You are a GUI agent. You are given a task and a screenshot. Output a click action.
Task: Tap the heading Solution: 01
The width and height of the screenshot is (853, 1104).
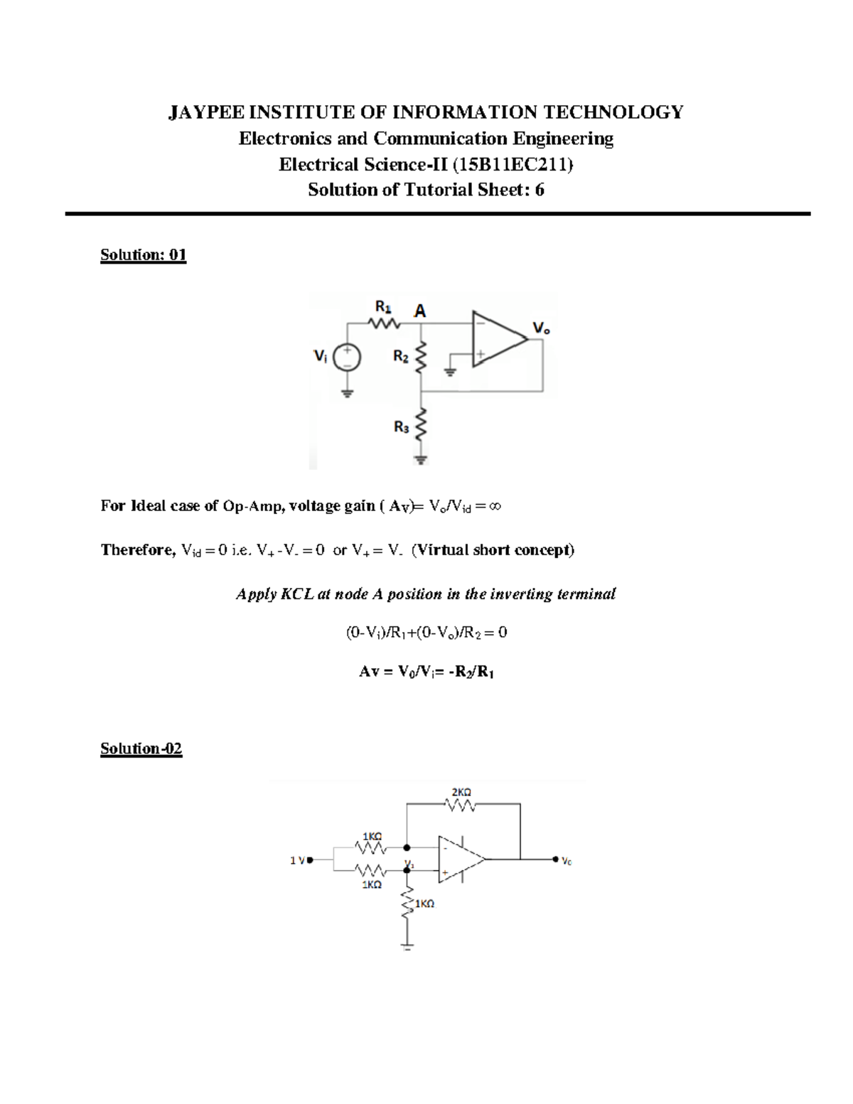tap(143, 254)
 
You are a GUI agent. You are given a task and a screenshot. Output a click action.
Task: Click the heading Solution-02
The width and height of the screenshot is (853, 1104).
tap(141, 749)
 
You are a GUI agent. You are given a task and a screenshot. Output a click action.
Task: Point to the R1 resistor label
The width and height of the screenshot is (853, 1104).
tap(383, 306)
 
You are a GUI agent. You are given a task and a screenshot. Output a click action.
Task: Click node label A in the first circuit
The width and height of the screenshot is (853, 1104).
tap(420, 311)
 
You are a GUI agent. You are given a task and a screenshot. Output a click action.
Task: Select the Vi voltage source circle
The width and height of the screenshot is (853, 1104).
tap(348, 358)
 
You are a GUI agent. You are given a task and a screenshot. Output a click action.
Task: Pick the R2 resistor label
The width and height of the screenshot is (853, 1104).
tap(401, 358)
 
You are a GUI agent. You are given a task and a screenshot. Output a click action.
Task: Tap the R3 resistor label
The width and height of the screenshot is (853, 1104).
tap(401, 427)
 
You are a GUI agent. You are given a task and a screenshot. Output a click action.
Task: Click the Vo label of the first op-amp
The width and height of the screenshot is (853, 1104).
tap(541, 328)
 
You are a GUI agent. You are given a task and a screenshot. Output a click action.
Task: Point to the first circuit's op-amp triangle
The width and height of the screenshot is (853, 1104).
tap(498, 339)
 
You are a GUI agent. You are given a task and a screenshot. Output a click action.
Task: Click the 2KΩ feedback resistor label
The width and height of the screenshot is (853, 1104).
tap(461, 792)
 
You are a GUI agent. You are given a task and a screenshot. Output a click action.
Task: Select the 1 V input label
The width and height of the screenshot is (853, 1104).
tap(296, 860)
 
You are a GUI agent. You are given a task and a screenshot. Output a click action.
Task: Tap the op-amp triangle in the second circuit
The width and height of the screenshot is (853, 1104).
tap(459, 859)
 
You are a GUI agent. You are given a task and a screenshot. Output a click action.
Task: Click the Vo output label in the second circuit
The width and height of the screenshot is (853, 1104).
tap(567, 861)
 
